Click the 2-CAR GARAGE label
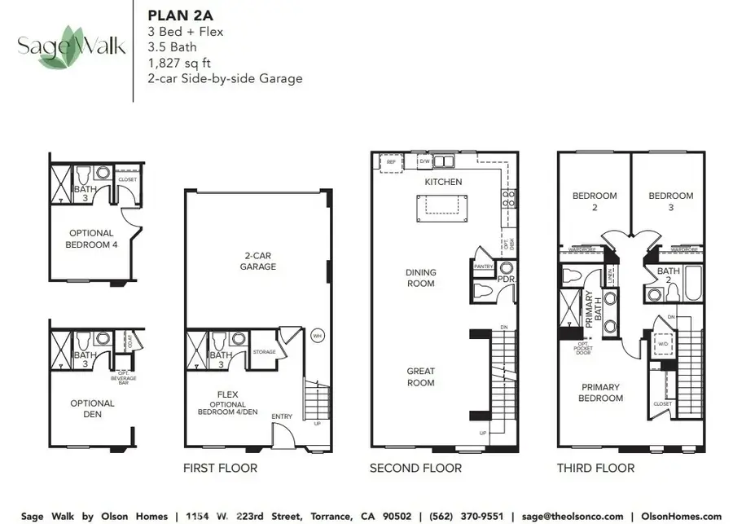[x=257, y=261]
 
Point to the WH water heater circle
[x=318, y=335]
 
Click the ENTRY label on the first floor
[x=282, y=416]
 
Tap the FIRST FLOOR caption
[x=221, y=468]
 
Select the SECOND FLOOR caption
[x=415, y=468]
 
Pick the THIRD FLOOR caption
[x=595, y=468]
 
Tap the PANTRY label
[x=484, y=266]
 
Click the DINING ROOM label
[x=421, y=278]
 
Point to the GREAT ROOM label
[x=421, y=376]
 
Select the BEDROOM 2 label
[x=595, y=200]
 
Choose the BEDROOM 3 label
[x=671, y=200]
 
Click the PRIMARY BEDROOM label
[x=601, y=393]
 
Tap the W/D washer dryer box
[x=664, y=343]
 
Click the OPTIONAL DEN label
[x=92, y=408]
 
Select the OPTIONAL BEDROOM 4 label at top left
[x=91, y=238]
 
